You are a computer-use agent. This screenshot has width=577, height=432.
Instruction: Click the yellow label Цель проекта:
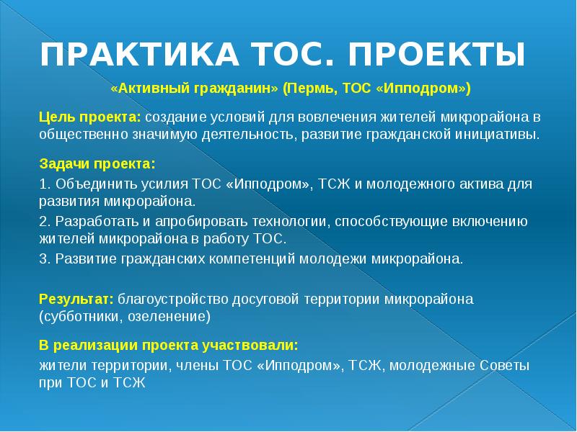[x=90, y=117]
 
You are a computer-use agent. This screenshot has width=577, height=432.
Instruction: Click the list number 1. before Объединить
[x=44, y=184]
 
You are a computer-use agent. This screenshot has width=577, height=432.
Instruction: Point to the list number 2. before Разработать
[x=44, y=221]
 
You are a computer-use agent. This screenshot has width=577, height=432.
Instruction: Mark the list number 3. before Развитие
[x=44, y=258]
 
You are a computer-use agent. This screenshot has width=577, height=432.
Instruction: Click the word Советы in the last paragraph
[x=506, y=365]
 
